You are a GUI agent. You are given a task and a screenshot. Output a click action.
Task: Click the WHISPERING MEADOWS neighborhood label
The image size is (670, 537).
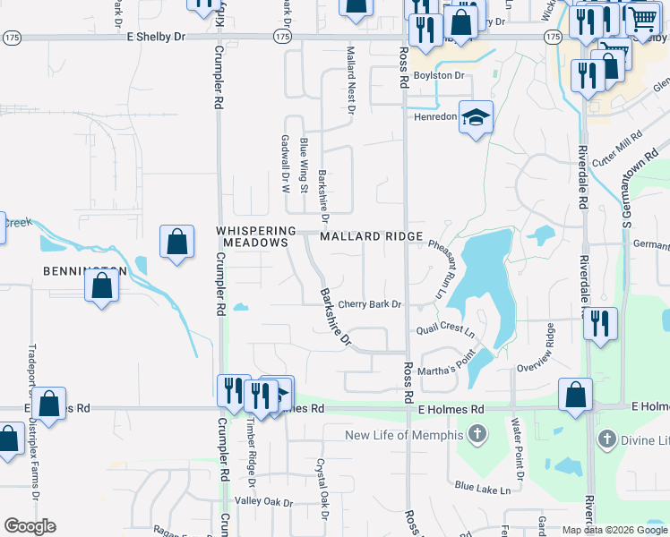(255, 236)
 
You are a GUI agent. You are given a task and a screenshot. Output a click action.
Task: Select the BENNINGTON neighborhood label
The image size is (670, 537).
(82, 270)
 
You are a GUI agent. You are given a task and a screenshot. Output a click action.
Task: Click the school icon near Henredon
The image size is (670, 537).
(477, 117)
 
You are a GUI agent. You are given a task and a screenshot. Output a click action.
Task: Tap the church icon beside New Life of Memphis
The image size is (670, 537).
(477, 436)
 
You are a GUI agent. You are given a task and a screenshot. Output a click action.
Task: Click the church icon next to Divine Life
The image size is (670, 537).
(607, 439)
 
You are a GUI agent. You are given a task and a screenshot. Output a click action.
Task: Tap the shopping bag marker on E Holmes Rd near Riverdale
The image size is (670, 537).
(575, 394)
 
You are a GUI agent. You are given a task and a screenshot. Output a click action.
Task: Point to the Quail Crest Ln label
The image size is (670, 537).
(445, 330)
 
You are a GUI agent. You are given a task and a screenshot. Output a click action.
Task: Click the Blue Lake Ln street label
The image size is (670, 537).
(483, 489)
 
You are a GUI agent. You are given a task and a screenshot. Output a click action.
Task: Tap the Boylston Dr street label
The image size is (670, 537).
(445, 76)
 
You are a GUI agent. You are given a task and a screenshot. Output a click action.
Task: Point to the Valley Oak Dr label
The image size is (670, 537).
(264, 503)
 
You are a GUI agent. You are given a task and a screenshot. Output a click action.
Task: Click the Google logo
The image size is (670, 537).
(30, 526)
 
